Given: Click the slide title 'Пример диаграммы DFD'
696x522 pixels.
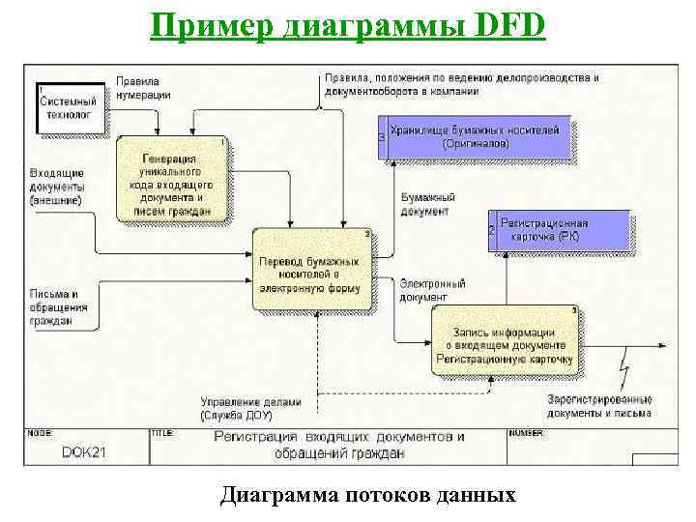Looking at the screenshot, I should pyautogui.click(x=348, y=23).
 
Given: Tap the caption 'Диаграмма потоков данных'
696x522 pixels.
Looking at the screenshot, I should pyautogui.click(x=367, y=496).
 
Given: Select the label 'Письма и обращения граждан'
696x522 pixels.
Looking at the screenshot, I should pyautogui.click(x=58, y=307).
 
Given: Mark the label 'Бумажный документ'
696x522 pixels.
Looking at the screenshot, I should pyautogui.click(x=424, y=204).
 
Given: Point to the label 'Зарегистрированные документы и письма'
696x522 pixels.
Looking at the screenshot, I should pyautogui.click(x=599, y=406).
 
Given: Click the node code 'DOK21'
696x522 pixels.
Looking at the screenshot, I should pyautogui.click(x=83, y=451).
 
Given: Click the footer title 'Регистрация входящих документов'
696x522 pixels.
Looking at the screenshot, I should pyautogui.click(x=339, y=444).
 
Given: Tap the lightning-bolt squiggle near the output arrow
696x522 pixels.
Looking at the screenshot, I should pyautogui.click(x=626, y=375).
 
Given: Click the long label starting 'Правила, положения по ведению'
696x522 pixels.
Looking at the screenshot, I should pyautogui.click(x=461, y=84).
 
